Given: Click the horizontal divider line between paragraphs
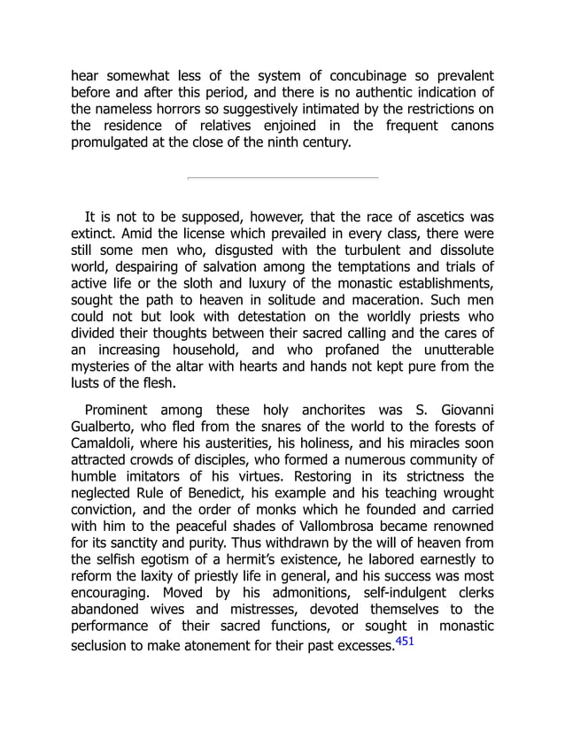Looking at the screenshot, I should (282, 178).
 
